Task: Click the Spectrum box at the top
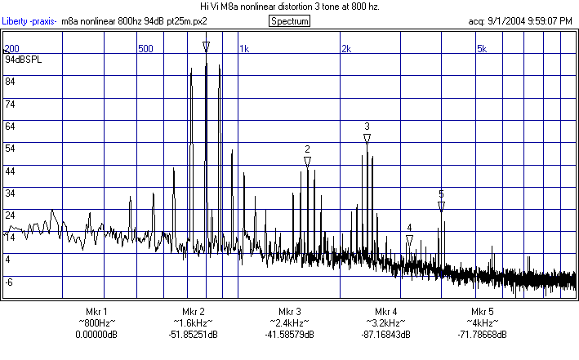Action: pos(289,20)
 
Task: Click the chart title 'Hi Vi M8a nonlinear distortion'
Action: pos(290,6)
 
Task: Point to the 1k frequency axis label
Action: pos(243,49)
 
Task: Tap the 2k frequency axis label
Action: pos(345,49)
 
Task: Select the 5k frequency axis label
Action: pos(482,49)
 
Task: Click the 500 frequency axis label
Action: pos(145,49)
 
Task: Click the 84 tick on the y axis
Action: pos(10,82)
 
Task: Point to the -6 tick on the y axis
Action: pos(10,282)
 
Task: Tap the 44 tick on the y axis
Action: pos(10,171)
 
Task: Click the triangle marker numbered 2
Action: pos(307,162)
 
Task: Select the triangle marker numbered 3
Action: pos(367,139)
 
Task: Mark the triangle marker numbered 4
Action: pos(409,240)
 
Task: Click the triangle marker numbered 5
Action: pos(441,207)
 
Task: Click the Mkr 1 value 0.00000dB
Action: pos(96,335)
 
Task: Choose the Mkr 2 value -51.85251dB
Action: pos(193,335)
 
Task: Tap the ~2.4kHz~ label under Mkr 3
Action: pos(290,323)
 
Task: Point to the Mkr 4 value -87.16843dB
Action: pos(386,335)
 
